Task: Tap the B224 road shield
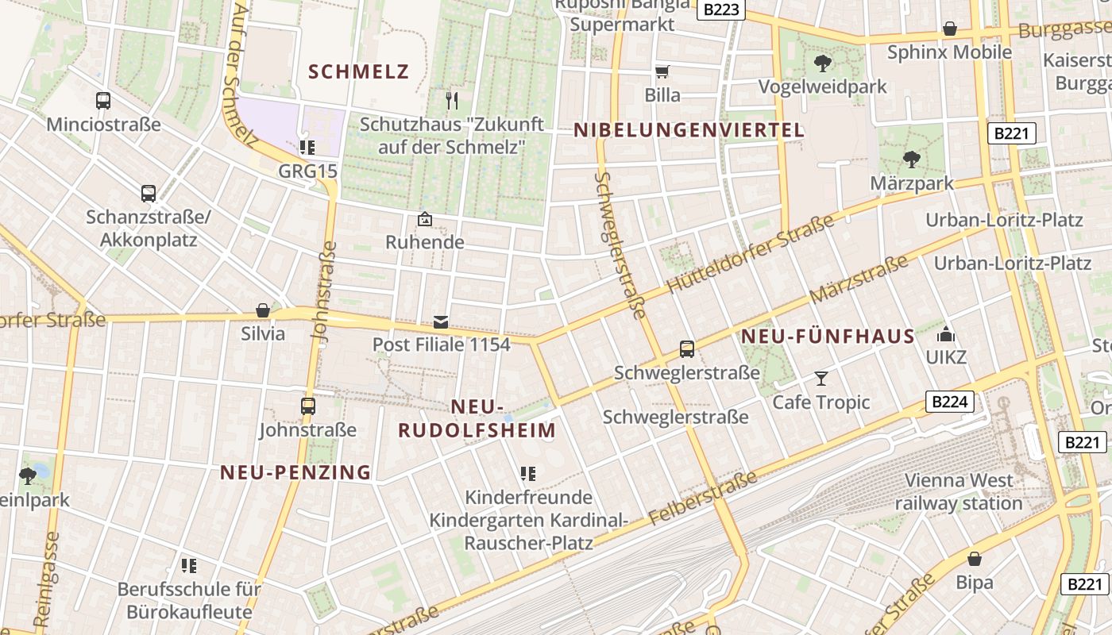948,402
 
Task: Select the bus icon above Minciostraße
103,101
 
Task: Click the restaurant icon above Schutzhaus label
453,100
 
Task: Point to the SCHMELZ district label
358,72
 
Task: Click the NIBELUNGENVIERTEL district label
689,131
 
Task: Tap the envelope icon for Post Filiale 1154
441,321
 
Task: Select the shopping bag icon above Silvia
263,310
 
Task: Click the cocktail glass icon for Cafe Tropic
821,379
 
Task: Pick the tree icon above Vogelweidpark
822,63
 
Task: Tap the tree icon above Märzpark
912,160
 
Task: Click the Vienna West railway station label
959,491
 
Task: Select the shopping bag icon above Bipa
975,559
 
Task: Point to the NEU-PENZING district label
295,473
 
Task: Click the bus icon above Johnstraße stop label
308,406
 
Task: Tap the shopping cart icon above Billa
662,72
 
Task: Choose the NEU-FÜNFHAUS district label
828,337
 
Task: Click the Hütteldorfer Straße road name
751,254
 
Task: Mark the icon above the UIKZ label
946,334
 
